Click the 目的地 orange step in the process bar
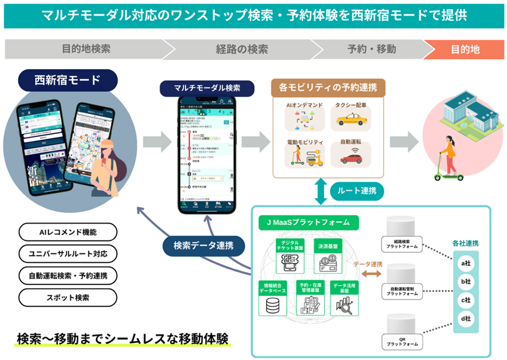(465, 49)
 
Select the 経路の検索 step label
(242, 49)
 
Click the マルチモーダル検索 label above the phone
(207, 88)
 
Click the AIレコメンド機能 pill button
(67, 232)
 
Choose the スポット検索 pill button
(67, 297)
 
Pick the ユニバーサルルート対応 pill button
(67, 254)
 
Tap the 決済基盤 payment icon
(328, 264)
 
